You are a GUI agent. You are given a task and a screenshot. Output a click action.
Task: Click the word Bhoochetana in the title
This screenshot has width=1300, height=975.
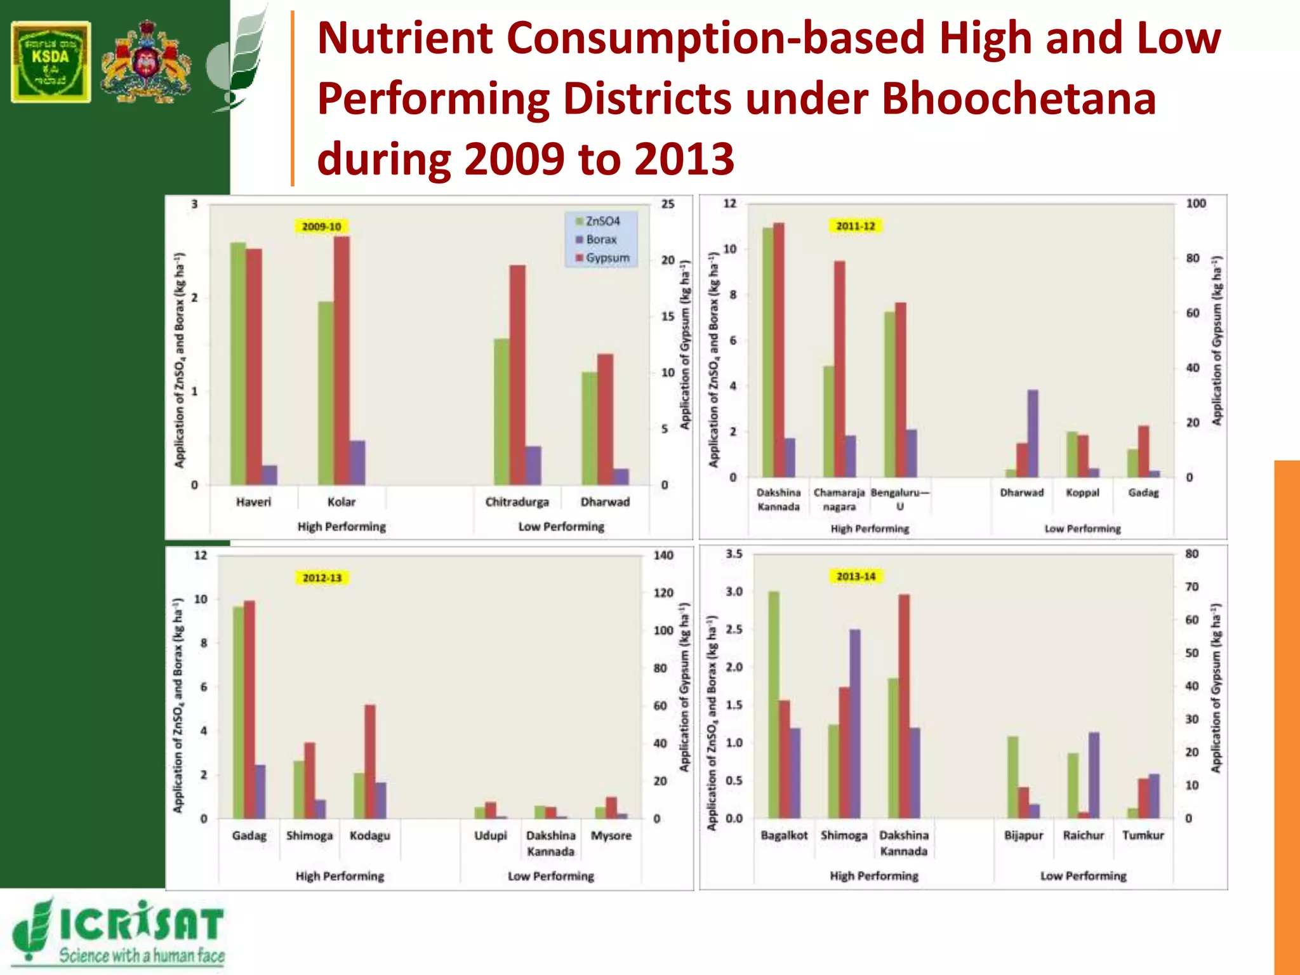1018,100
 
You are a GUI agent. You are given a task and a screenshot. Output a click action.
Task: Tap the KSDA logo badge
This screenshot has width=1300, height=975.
51,62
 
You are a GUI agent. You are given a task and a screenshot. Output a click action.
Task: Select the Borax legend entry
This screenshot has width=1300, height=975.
600,239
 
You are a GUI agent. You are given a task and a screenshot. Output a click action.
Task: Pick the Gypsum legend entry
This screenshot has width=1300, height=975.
607,258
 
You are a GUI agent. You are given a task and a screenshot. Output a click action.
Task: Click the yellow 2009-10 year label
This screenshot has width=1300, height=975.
321,227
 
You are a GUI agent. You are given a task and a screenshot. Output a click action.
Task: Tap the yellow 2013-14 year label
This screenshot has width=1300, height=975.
856,576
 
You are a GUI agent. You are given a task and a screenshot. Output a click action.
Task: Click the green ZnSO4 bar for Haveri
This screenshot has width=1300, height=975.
238,363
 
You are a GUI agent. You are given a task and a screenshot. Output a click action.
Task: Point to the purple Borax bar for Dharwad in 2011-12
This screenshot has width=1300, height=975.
1033,434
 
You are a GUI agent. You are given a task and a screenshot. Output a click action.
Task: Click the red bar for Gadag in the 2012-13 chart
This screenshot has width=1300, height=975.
249,709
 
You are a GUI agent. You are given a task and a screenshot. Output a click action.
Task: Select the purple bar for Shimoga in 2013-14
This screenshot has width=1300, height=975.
854,723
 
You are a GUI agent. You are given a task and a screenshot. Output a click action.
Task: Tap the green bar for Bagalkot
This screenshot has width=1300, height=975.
773,704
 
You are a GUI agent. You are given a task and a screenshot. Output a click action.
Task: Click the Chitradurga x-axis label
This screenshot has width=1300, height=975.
517,502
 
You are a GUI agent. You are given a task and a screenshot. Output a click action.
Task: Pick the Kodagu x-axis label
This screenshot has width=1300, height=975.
370,835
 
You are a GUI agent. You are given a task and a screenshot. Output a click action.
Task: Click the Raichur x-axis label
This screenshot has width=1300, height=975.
1084,835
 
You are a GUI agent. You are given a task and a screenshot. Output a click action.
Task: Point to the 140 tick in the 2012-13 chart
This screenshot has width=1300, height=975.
663,555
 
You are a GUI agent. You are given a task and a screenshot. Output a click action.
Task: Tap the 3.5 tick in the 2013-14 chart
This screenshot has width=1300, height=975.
734,554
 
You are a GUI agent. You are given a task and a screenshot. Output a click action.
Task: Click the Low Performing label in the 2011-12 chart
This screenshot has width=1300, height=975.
1082,529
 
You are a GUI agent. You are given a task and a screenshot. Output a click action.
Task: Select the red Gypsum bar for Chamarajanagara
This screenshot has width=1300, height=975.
840,368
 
